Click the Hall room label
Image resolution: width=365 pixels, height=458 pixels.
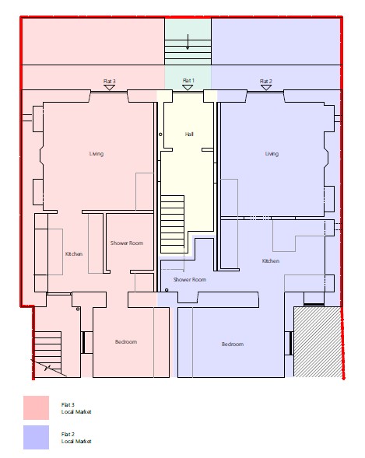[x=189, y=134]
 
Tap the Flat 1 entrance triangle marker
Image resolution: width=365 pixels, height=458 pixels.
[x=188, y=87]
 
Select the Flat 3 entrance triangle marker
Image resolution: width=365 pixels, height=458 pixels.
[x=109, y=88]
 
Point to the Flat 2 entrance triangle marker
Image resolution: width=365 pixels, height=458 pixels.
[x=266, y=87]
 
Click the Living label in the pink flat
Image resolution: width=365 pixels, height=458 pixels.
[x=97, y=154]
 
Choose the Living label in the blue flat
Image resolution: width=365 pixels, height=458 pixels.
[x=272, y=154]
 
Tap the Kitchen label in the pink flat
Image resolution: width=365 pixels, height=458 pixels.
[x=74, y=253]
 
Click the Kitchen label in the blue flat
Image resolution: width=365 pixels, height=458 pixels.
[x=271, y=260]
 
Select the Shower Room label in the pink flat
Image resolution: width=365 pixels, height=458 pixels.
[x=127, y=243]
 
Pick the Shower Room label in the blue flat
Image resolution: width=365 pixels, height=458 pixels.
[x=190, y=279]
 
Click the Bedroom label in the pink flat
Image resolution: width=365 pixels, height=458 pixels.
[x=125, y=341]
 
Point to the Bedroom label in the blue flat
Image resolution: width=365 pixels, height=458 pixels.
[x=233, y=344]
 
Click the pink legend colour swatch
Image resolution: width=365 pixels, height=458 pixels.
[x=37, y=407]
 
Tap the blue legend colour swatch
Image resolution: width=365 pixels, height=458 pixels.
[x=37, y=437]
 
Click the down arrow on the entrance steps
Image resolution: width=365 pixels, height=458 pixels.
[x=188, y=42]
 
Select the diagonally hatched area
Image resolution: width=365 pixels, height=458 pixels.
[x=317, y=341]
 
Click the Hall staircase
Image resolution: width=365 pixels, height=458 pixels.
[x=173, y=224]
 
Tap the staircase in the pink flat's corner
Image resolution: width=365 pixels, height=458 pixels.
[x=48, y=352]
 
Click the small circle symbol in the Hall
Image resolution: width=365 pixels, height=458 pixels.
[x=160, y=135]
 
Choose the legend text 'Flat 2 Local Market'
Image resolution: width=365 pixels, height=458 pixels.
[x=76, y=437]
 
